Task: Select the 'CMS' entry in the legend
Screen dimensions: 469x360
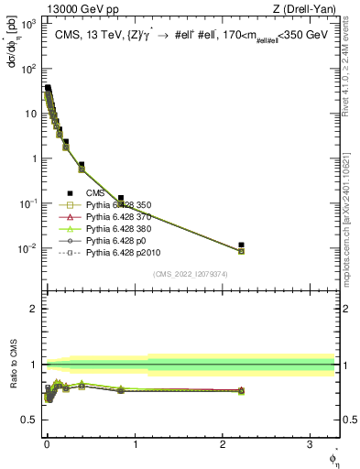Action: click(95, 193)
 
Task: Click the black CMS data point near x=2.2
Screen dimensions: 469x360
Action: click(241, 245)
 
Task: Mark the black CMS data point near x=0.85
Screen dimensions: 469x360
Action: click(121, 198)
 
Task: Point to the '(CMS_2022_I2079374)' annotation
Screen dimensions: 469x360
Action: click(189, 273)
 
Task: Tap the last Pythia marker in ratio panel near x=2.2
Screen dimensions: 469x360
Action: click(241, 391)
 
